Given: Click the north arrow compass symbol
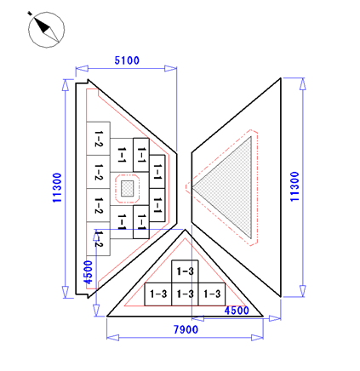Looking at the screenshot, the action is [46, 30].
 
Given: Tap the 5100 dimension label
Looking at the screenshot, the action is [127, 60].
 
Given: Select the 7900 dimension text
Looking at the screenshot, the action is [186, 329].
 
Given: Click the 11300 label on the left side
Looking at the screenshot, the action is [57, 188].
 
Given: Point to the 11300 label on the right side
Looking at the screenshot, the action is [294, 186].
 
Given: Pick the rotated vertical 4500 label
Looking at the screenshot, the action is [89, 272].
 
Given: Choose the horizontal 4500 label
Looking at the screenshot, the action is [237, 311].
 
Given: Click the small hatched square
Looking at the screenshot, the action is [128, 188].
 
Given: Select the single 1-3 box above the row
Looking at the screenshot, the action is [185, 271].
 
